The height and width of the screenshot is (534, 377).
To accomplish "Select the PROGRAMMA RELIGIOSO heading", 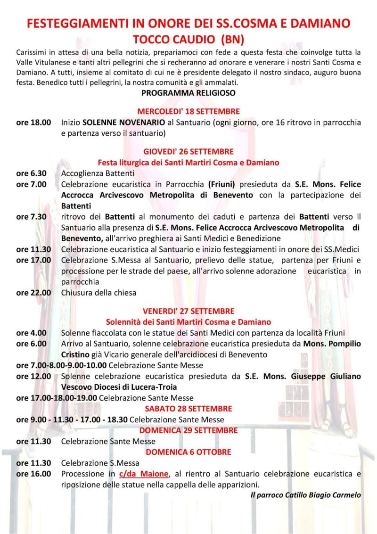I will (x=188, y=93).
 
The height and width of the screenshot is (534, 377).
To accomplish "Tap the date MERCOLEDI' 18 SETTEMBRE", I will (x=188, y=112).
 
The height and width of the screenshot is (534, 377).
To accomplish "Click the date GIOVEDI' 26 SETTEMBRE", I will (x=188, y=152).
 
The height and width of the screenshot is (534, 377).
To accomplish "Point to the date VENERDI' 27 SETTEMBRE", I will (x=188, y=311).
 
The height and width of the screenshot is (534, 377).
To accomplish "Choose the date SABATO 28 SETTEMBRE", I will (x=188, y=409).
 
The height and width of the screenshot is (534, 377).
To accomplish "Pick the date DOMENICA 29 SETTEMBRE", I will (x=188, y=430).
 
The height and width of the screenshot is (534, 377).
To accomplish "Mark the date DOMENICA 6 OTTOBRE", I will (x=188, y=452).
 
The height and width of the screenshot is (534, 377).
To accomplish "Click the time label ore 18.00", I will (x=33, y=123).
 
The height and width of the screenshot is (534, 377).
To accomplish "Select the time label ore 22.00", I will (x=33, y=293).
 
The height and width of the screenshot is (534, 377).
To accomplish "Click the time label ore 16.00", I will (x=33, y=474).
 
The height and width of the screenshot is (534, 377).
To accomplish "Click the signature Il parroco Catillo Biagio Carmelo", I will (x=305, y=495).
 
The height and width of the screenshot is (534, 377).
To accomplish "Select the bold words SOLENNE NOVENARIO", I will (x=124, y=123).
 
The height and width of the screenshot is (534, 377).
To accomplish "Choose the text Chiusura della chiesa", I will (x=98, y=293).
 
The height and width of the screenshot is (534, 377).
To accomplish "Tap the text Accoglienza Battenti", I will (x=98, y=173).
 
